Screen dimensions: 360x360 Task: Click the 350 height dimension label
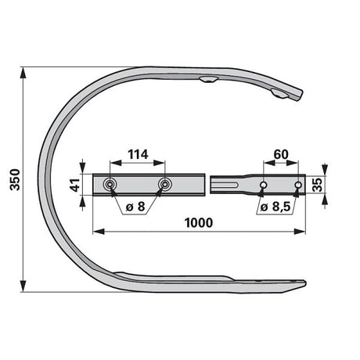tap(15, 179)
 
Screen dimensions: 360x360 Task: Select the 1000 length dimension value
tap(199, 223)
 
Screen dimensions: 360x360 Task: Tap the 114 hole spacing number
tap(138, 154)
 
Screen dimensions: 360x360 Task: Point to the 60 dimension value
tap(281, 154)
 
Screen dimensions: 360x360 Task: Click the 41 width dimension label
tap(76, 185)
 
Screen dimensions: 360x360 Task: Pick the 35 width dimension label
tap(317, 185)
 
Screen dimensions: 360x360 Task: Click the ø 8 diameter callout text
tap(135, 207)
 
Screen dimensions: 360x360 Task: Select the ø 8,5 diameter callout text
tap(275, 207)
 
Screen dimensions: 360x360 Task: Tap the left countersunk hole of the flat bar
tap(110, 185)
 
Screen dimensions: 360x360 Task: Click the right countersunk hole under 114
tap(165, 185)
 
